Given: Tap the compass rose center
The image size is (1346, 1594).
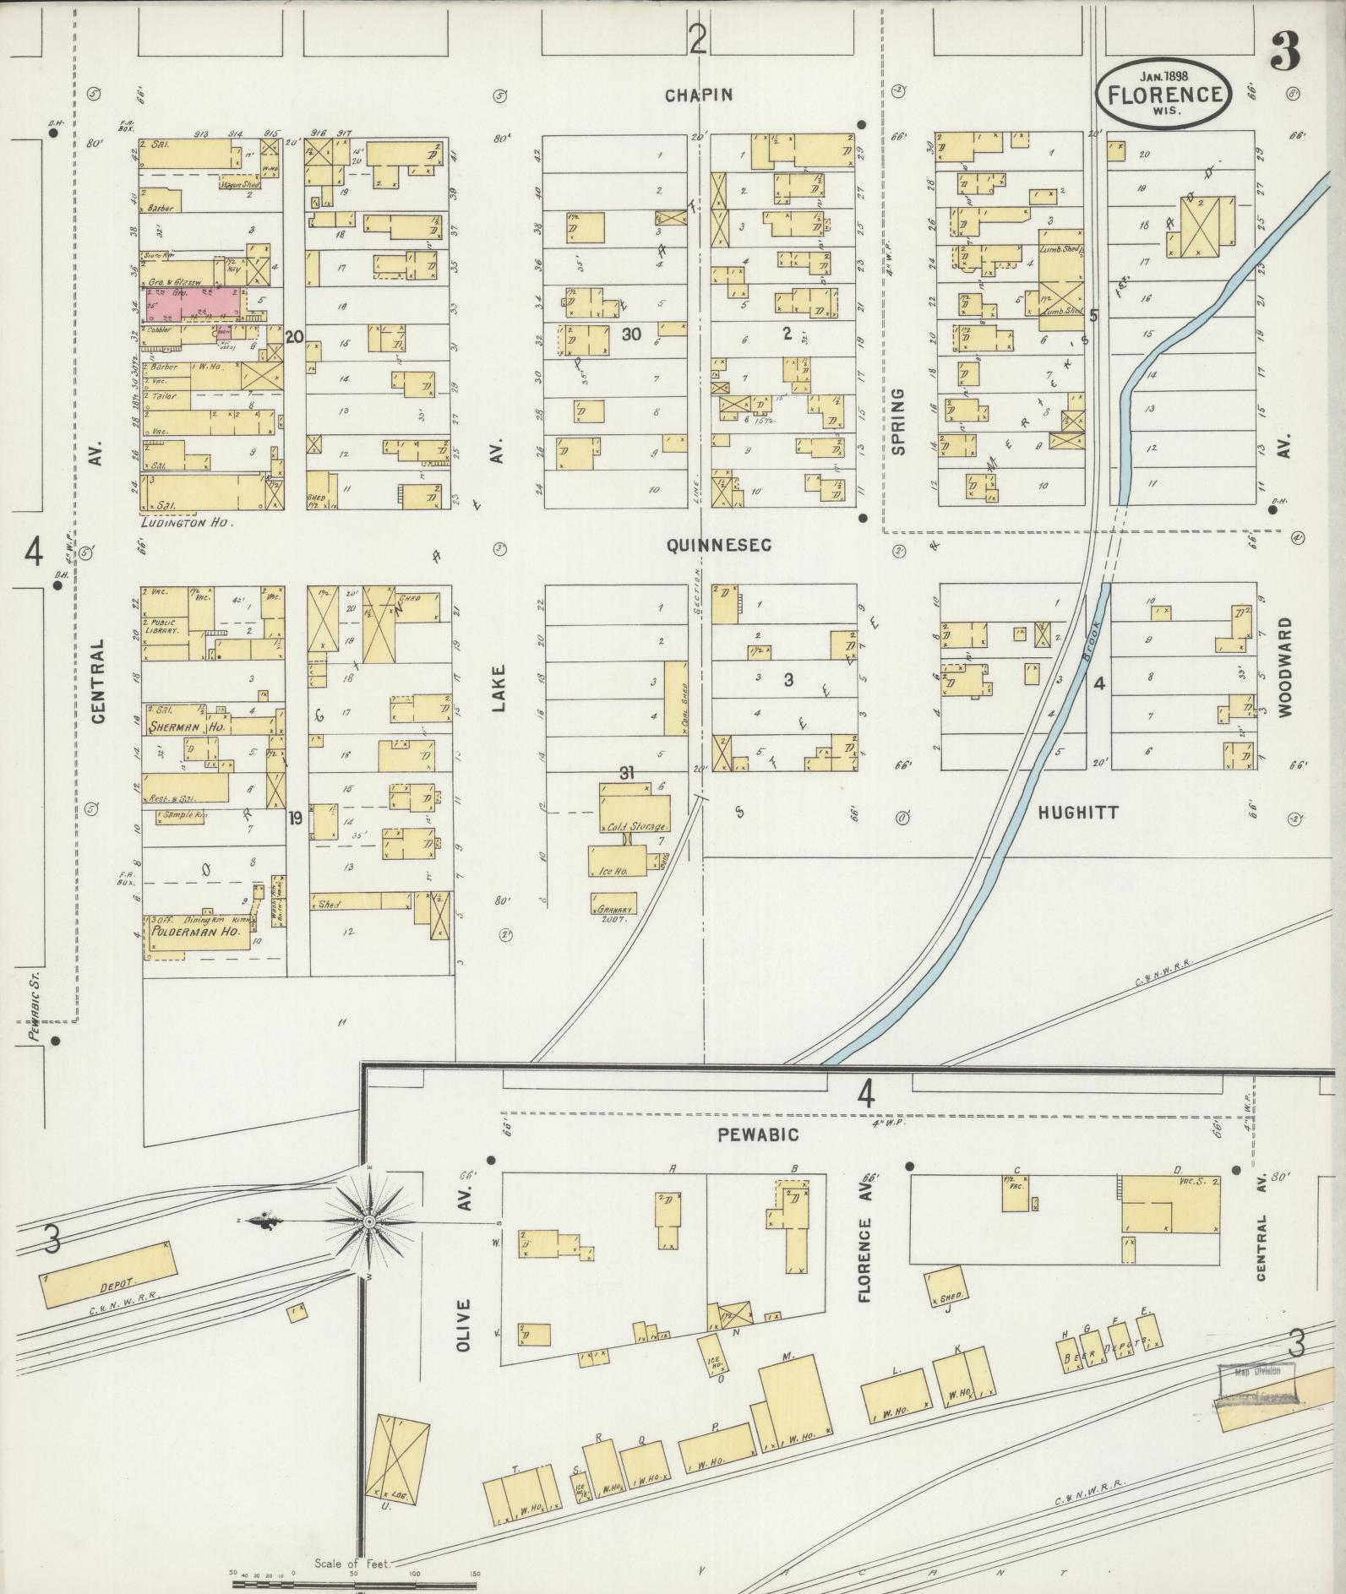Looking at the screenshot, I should coord(369,1221).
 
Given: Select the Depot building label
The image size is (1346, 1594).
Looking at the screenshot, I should coord(106,1283).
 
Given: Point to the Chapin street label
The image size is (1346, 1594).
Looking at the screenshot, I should coord(698,95).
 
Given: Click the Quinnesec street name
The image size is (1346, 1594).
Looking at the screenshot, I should coord(719,547).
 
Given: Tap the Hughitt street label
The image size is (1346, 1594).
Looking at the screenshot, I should coord(1078,813).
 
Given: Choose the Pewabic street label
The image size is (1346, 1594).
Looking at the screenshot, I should coord(758,1135).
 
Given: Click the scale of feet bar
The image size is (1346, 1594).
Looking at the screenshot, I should coord(355,1578).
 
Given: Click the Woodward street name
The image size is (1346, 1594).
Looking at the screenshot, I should coord(1285,667).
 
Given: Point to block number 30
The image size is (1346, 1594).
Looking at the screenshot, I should coord(631,334).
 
